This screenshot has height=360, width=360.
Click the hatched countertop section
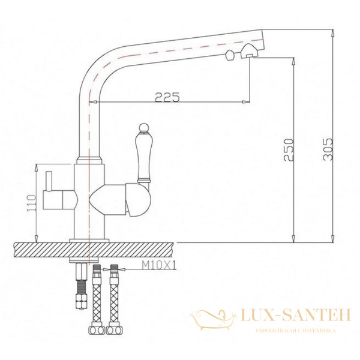(x=36, y=248)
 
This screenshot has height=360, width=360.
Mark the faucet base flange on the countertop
(x=90, y=239)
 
